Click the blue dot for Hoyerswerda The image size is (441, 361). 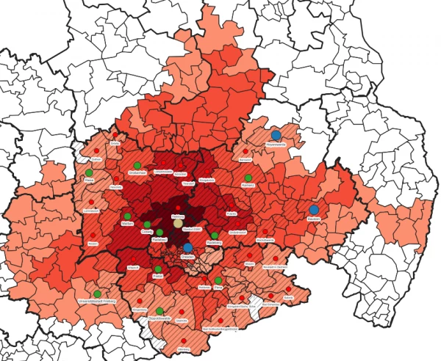276,135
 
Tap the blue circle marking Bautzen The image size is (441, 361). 314,210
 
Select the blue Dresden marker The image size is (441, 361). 188,248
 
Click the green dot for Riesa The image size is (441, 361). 89,172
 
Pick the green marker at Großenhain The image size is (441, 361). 137,164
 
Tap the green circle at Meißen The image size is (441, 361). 127,216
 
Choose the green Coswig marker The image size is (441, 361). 147,224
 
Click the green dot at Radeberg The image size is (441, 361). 214,235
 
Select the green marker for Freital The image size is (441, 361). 157,269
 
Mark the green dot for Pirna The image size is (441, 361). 218,280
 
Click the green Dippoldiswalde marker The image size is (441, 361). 159,311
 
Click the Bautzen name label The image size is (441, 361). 314,219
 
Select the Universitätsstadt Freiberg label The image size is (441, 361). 97,302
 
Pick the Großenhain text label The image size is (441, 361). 137,172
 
